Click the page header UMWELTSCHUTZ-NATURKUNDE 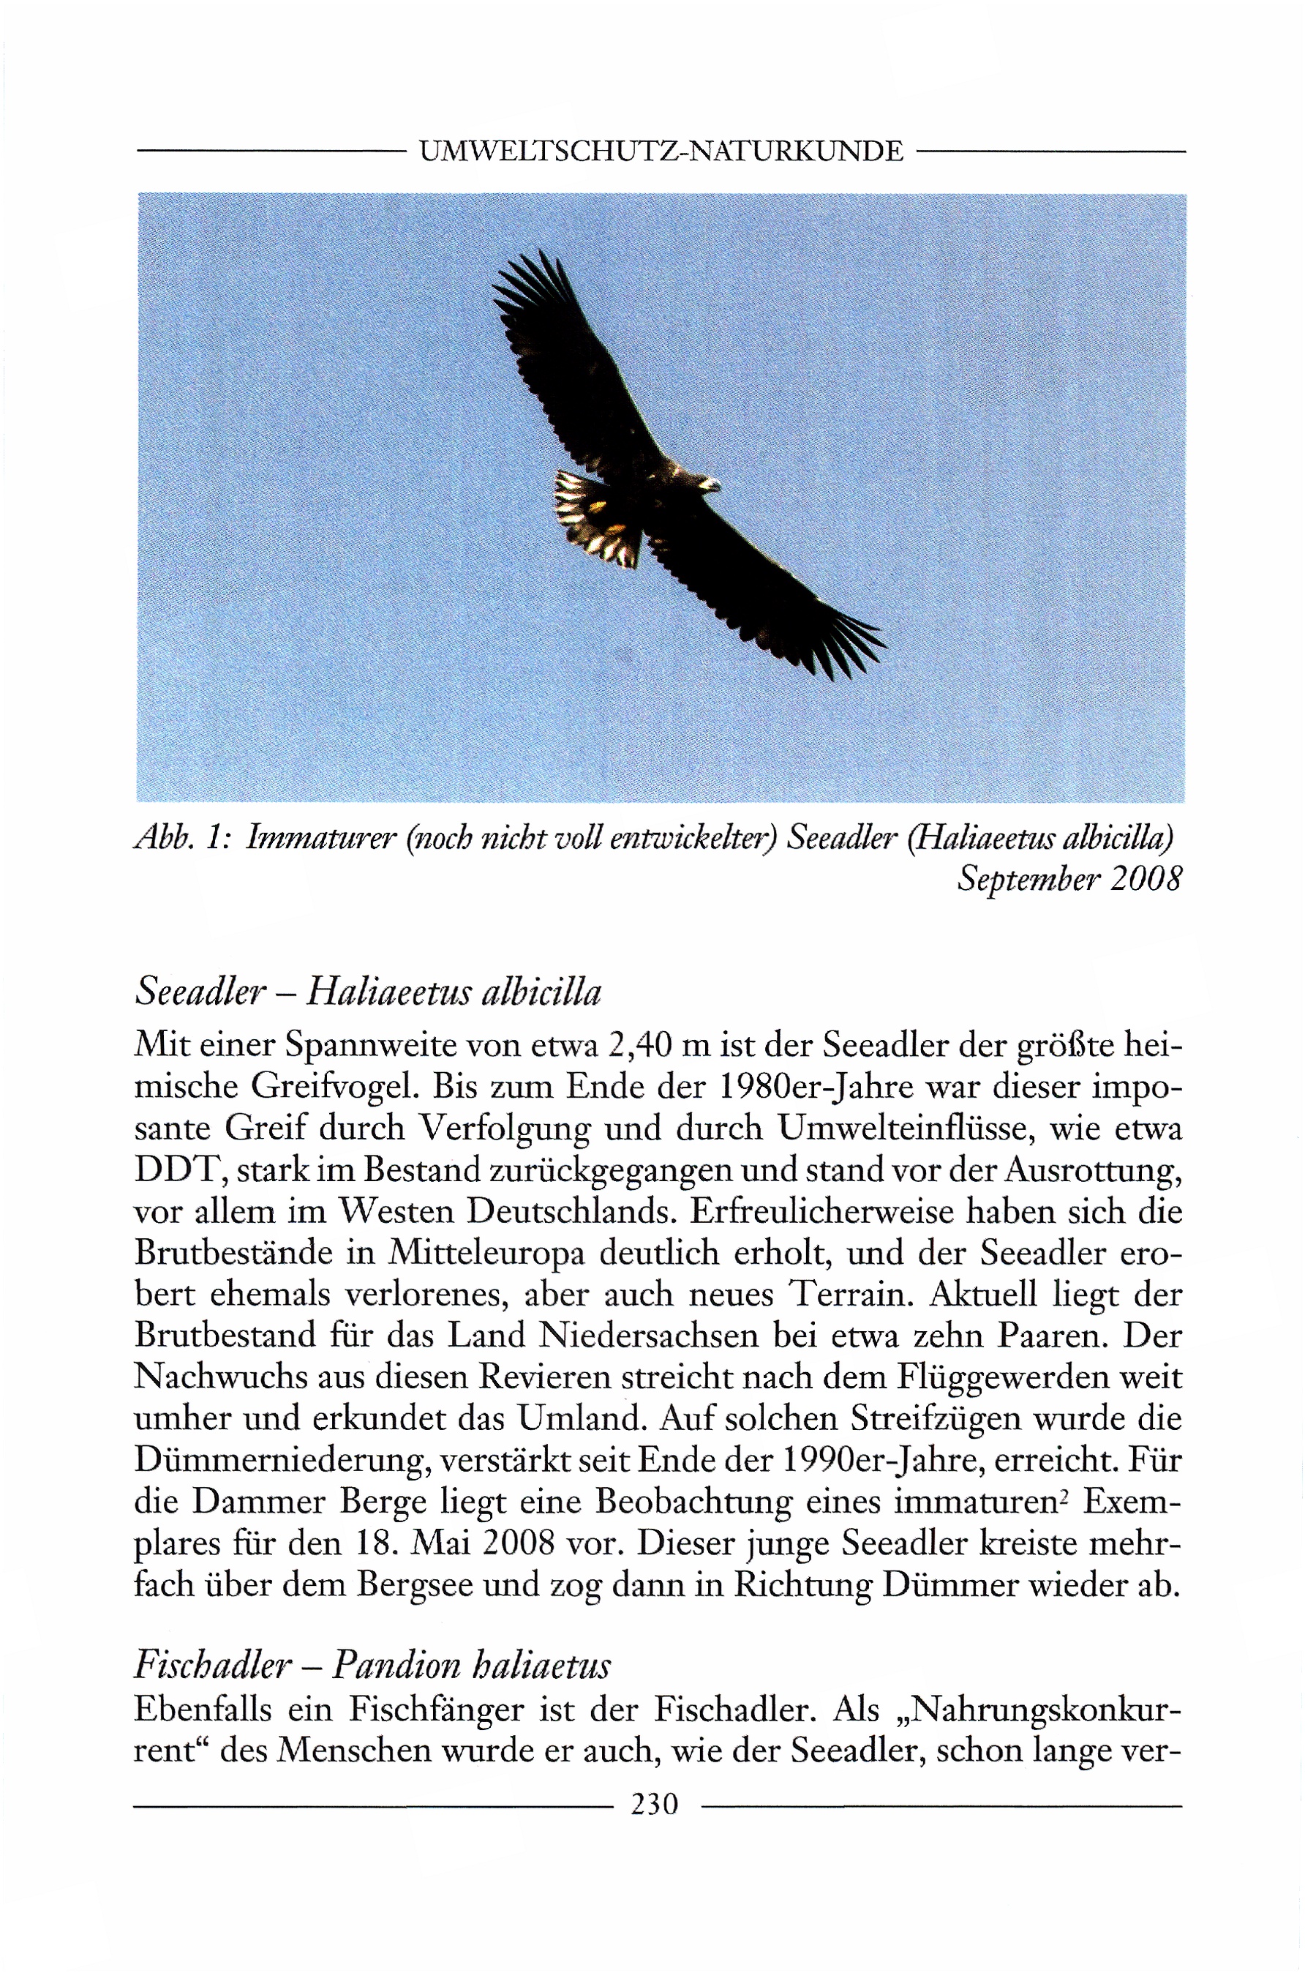tap(661, 151)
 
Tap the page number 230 tap(655, 1803)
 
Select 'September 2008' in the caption tap(1069, 879)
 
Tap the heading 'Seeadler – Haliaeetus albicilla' tap(367, 992)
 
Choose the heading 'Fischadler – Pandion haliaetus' tap(372, 1664)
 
